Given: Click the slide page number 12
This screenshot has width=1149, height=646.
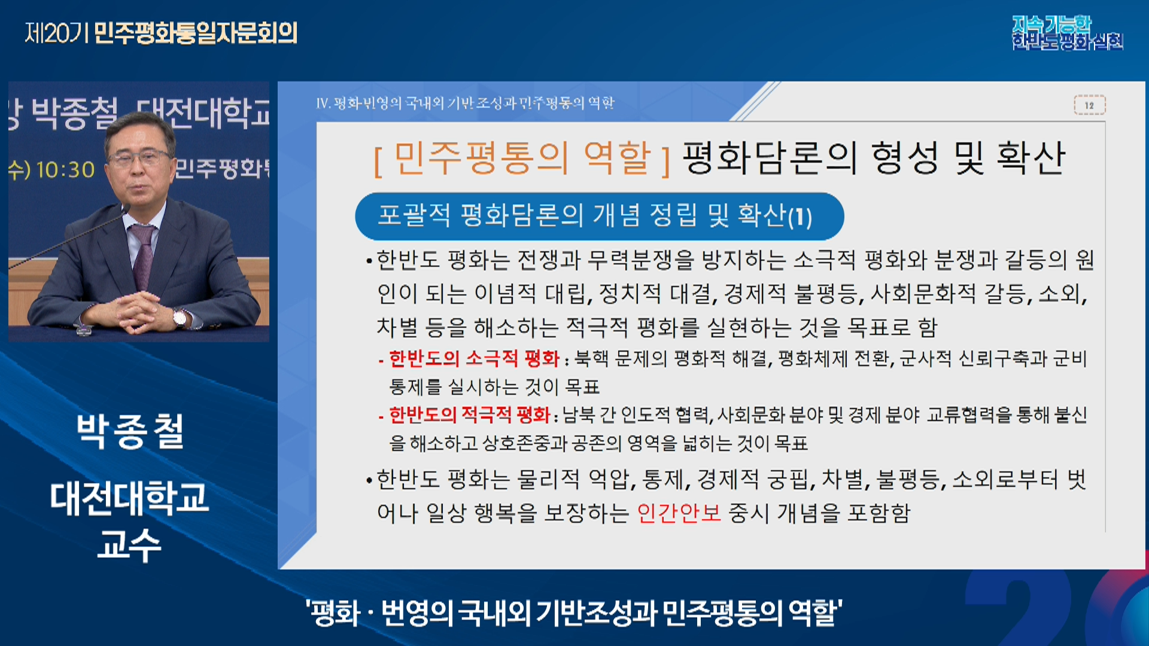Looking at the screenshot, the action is (1089, 105).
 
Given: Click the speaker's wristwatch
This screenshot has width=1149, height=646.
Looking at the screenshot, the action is (180, 317).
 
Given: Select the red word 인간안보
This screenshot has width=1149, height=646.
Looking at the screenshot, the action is (679, 513).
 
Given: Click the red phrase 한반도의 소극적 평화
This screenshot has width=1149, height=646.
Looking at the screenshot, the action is (474, 358).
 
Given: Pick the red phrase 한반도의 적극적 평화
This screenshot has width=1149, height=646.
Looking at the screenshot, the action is (469, 415).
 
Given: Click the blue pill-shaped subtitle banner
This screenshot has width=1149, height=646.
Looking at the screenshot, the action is (600, 216).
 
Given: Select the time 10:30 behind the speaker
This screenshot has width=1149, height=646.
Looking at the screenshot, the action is (66, 170).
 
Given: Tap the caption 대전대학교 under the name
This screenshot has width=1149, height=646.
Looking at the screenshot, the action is (130, 498).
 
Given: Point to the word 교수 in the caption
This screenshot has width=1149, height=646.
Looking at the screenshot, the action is (129, 545).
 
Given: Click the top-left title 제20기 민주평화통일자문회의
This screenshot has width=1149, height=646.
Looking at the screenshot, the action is (161, 33).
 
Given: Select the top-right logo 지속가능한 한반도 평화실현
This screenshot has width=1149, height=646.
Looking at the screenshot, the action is (1068, 33).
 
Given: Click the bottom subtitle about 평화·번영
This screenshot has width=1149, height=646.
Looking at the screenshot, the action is (574, 613).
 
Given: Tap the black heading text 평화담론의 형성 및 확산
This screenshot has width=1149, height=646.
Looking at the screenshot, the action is (874, 158).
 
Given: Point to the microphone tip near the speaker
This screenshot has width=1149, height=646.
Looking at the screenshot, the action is (126, 209).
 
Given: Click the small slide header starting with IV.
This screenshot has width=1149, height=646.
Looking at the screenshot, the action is (465, 103).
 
